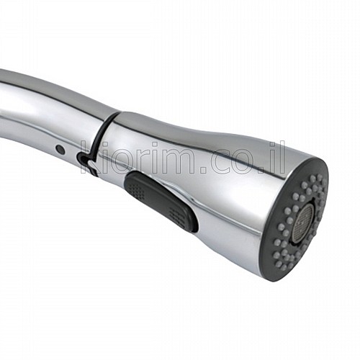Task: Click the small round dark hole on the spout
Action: tap(60, 149)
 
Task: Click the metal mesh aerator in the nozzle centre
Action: tap(304, 221)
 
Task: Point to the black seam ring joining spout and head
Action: tap(102, 135)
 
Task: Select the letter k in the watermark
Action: tap(88, 158)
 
